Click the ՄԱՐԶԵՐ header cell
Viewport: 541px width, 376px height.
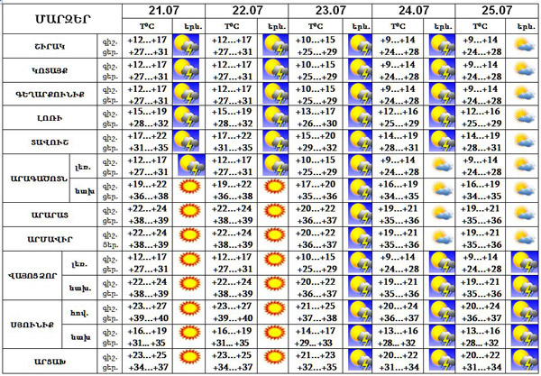(61, 19)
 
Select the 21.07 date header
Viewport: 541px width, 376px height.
(163, 10)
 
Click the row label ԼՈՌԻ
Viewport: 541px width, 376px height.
(50, 117)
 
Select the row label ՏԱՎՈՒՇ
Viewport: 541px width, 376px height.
(50, 141)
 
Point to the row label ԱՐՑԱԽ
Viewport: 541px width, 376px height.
(50, 361)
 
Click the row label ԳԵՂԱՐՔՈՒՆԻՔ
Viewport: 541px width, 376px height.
(50, 94)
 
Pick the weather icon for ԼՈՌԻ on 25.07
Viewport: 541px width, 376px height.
(523, 117)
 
